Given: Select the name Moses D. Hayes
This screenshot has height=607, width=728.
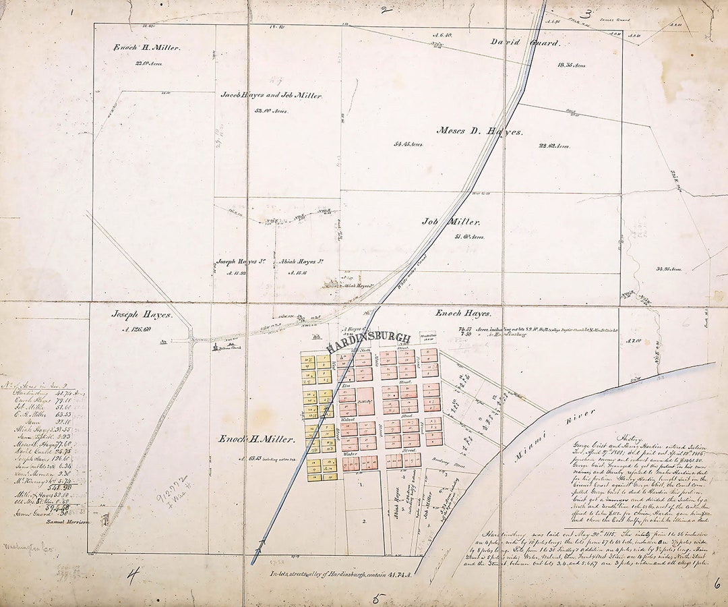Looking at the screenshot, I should click(x=479, y=131).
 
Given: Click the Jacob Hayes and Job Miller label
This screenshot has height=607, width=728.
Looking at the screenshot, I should click(x=271, y=96).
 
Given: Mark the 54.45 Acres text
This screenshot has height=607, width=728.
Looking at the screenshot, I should click(x=408, y=144).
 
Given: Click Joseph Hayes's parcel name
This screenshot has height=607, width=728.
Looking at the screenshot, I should click(x=142, y=314).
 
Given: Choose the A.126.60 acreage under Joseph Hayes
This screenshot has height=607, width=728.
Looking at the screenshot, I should click(x=137, y=329).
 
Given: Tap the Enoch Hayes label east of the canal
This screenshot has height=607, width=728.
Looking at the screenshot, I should click(x=462, y=314).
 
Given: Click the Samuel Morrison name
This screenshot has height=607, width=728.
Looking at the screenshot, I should click(x=67, y=521).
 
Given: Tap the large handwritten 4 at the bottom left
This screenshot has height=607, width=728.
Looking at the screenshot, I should click(x=133, y=575).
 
